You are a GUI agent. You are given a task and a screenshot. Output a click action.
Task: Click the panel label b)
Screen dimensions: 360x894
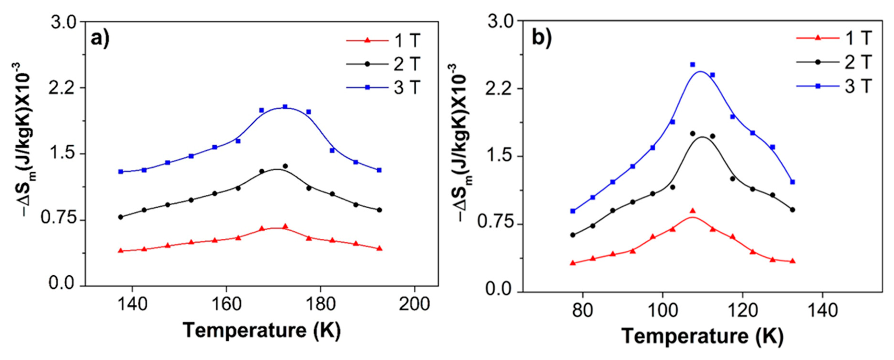[542, 38]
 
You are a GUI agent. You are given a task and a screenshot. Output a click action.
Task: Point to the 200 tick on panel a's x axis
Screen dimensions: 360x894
[414, 304]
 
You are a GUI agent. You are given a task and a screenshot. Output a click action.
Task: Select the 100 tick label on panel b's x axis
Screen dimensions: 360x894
[663, 310]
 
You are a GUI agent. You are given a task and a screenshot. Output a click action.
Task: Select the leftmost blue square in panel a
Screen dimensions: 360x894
[121, 172]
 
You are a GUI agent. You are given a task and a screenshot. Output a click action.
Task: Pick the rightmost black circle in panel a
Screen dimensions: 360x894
[379, 210]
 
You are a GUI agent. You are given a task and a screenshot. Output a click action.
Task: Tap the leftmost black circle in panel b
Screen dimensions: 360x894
[573, 235]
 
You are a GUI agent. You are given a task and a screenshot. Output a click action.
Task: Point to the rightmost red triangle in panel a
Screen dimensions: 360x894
[379, 248]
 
